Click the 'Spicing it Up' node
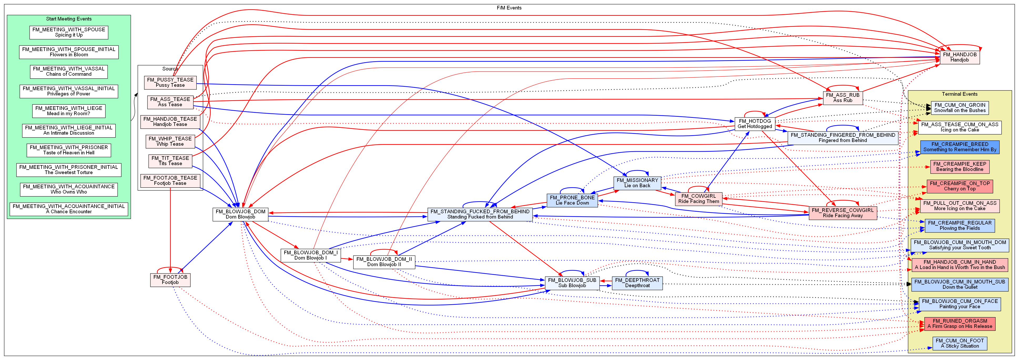click(69, 32)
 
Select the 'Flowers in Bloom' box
click(69, 52)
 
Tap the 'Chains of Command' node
click(69, 72)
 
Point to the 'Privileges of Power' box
click(69, 92)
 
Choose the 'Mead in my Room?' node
click(69, 111)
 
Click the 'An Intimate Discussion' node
click(69, 130)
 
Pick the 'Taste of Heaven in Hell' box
click(69, 150)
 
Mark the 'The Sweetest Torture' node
click(69, 170)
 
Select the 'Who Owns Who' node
click(69, 189)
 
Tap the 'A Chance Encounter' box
click(69, 209)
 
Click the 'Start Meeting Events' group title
click(69, 19)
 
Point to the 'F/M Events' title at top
click(509, 8)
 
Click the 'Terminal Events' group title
click(959, 94)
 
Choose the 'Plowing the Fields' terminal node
click(959, 226)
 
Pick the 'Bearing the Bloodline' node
click(959, 166)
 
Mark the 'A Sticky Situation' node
click(959, 343)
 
